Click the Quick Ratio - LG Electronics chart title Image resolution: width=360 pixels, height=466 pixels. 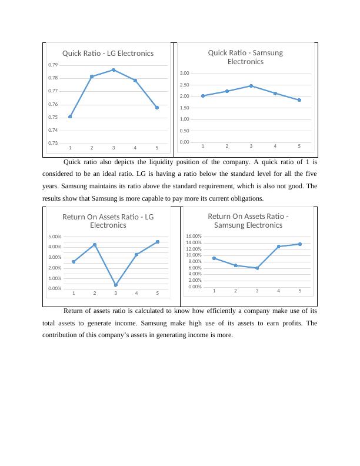tap(108, 53)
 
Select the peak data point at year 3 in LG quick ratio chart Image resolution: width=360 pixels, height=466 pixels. tap(114, 70)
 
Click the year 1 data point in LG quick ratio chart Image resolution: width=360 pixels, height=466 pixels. tap(70, 116)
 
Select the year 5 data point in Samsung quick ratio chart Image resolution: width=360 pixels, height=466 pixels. tap(299, 100)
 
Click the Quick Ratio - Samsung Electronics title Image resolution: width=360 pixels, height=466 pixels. tap(245, 56)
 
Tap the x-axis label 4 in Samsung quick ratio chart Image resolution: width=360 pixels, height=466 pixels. tap(275, 146)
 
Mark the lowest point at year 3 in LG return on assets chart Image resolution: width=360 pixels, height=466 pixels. tap(115, 285)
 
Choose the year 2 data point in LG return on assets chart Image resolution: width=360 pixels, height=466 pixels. tap(94, 245)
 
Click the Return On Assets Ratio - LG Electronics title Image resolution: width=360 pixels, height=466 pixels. tap(108, 221)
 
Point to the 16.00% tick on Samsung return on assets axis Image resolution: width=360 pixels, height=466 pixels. tap(194, 237)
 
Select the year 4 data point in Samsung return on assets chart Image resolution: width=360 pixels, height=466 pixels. tap(278, 247)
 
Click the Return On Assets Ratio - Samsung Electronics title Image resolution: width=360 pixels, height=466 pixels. tap(248, 220)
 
